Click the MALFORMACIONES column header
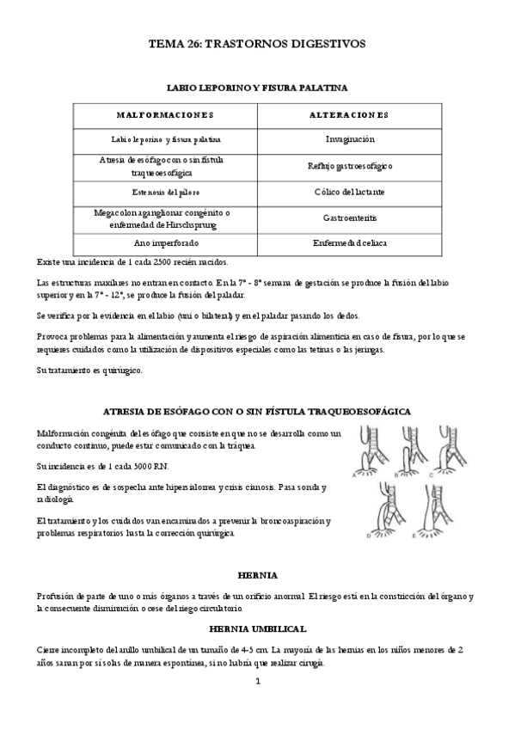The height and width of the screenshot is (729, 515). click(x=165, y=114)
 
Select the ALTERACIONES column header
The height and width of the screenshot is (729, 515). click(x=349, y=114)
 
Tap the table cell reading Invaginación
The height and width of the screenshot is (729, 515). click(x=349, y=138)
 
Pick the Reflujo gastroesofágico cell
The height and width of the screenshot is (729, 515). click(x=349, y=165)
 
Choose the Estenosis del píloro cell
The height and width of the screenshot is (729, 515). click(x=165, y=192)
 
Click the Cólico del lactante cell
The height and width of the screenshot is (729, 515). click(x=349, y=192)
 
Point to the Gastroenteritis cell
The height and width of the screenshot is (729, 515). click(x=349, y=218)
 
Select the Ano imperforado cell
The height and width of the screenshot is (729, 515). click(x=165, y=243)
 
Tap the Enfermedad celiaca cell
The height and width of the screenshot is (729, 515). click(x=349, y=243)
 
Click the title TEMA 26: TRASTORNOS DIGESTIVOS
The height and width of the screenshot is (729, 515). click(x=257, y=41)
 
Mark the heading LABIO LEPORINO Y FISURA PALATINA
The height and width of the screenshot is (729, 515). click(x=257, y=87)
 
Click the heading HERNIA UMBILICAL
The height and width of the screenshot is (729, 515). click(x=257, y=628)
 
